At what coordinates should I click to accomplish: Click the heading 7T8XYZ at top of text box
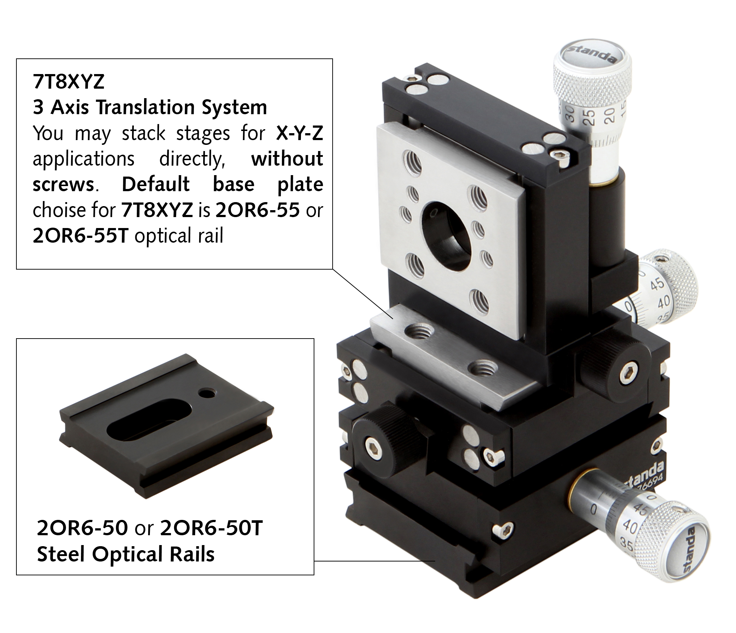tap(69, 82)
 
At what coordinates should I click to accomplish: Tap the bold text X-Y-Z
tap(299, 133)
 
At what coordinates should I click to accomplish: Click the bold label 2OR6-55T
tap(80, 236)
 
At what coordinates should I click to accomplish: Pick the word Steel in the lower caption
tap(61, 554)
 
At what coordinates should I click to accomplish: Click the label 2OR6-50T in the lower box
tap(211, 528)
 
